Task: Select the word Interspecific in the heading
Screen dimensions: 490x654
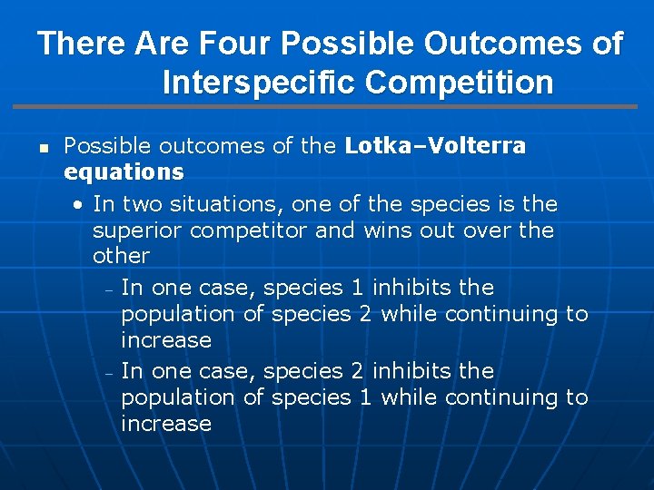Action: click(259, 82)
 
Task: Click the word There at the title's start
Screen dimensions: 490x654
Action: click(82, 43)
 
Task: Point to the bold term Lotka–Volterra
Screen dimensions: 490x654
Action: click(435, 146)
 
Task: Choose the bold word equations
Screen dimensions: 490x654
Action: click(124, 171)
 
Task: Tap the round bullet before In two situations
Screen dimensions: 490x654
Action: click(81, 204)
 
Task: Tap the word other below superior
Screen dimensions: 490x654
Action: click(121, 255)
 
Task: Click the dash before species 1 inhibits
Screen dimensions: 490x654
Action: click(108, 289)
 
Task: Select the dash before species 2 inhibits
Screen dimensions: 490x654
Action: click(108, 373)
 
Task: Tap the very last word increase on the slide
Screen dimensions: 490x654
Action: click(166, 424)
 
